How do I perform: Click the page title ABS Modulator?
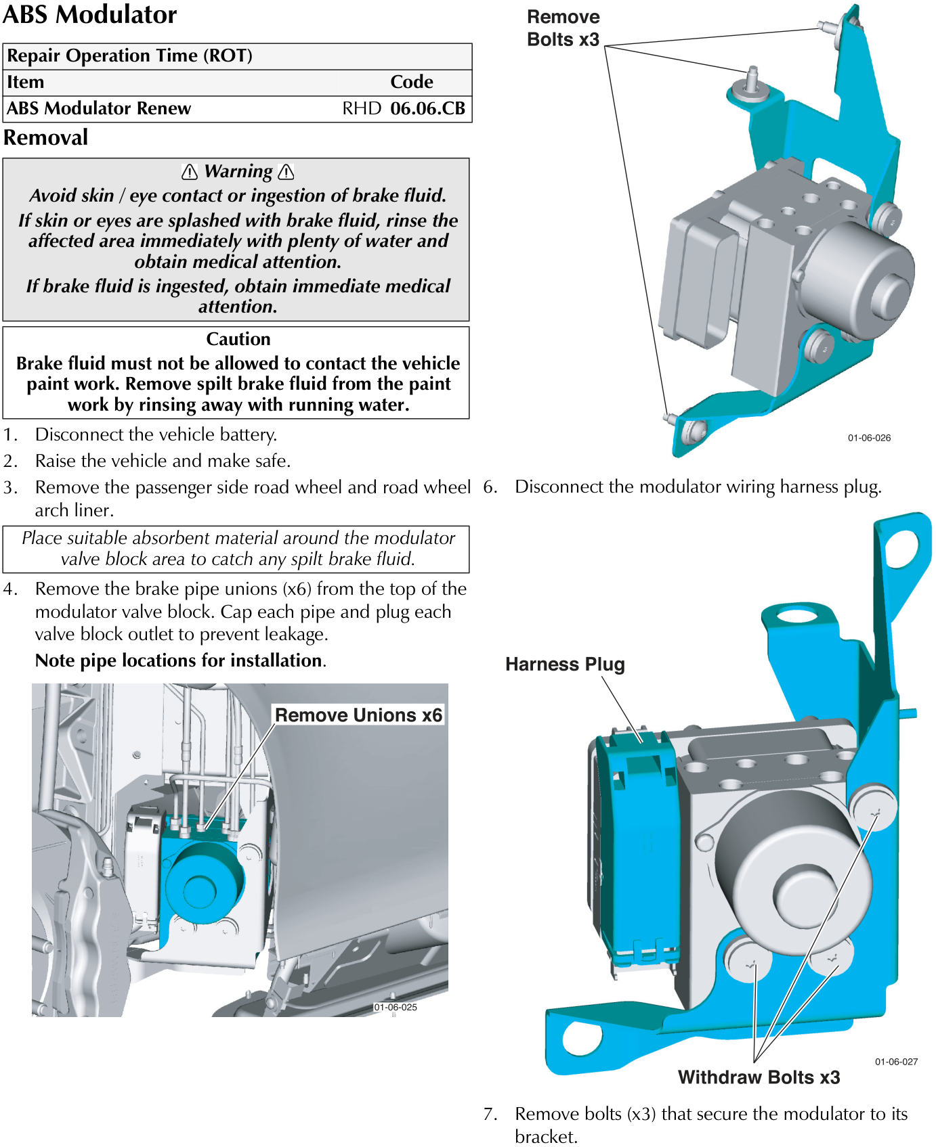click(x=90, y=14)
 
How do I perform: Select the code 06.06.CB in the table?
click(x=427, y=108)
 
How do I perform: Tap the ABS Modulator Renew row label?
click(x=99, y=108)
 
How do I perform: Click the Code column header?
click(x=411, y=82)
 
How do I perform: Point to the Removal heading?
click(x=45, y=137)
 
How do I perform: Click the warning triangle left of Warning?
click(x=190, y=172)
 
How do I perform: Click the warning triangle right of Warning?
click(x=286, y=172)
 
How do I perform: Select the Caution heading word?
click(x=238, y=339)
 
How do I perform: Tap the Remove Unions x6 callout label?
click(x=358, y=715)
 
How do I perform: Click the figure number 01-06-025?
click(x=396, y=1007)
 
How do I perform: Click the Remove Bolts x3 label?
click(x=563, y=28)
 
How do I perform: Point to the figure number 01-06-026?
click(x=869, y=438)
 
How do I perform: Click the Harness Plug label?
click(x=565, y=665)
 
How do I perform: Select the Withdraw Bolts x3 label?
click(x=759, y=1077)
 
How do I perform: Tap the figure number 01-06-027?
click(x=896, y=1062)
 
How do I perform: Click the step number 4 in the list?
click(x=9, y=589)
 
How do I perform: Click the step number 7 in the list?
click(x=490, y=1114)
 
